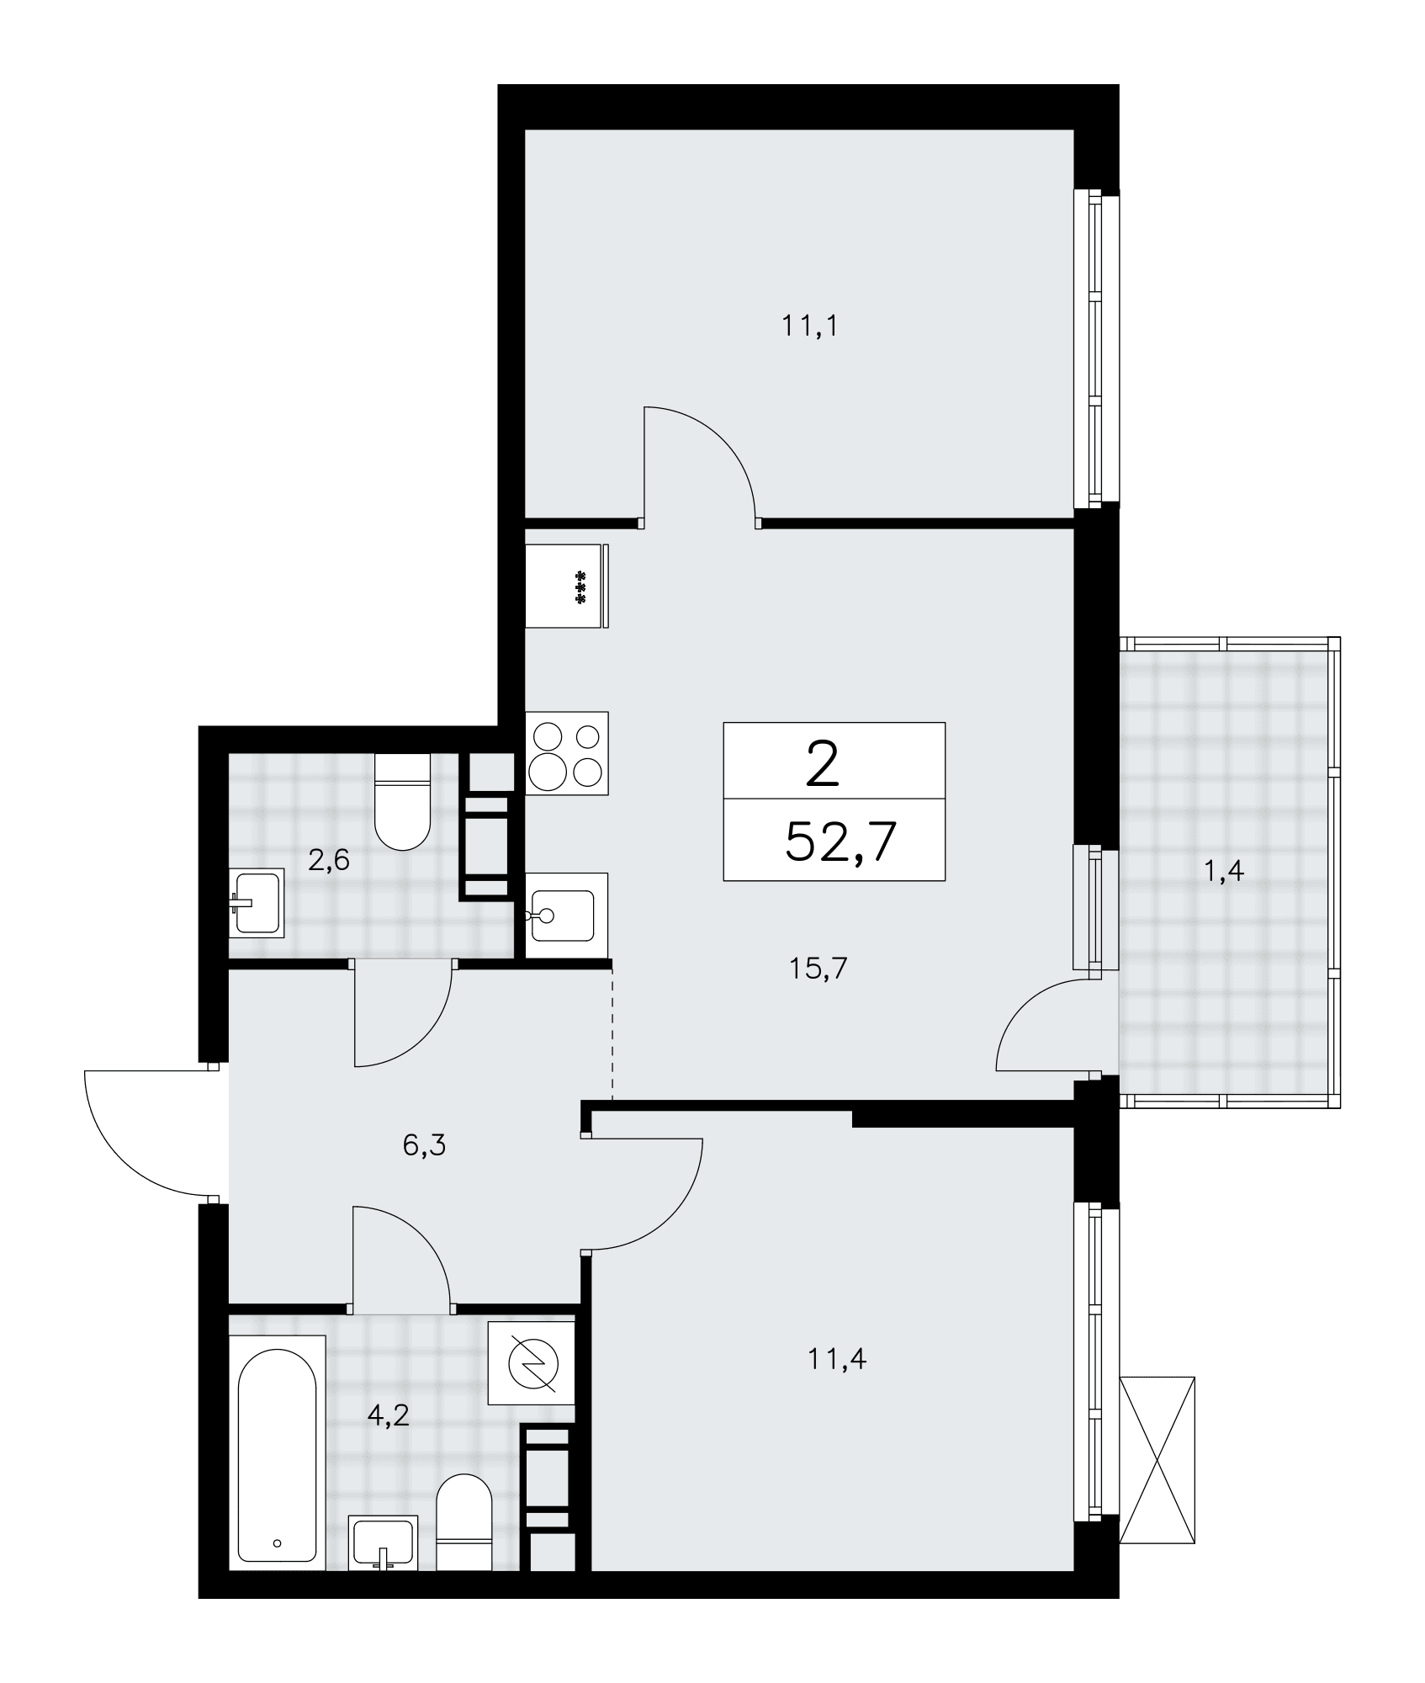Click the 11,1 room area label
(x=810, y=327)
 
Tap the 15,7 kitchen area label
(x=818, y=969)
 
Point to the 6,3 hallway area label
(x=424, y=1145)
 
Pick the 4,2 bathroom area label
(x=388, y=1415)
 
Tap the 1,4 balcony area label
(x=1223, y=873)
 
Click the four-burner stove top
(x=567, y=753)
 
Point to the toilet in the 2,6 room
(x=402, y=802)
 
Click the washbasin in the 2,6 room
(x=257, y=903)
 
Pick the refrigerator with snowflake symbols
(x=567, y=586)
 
